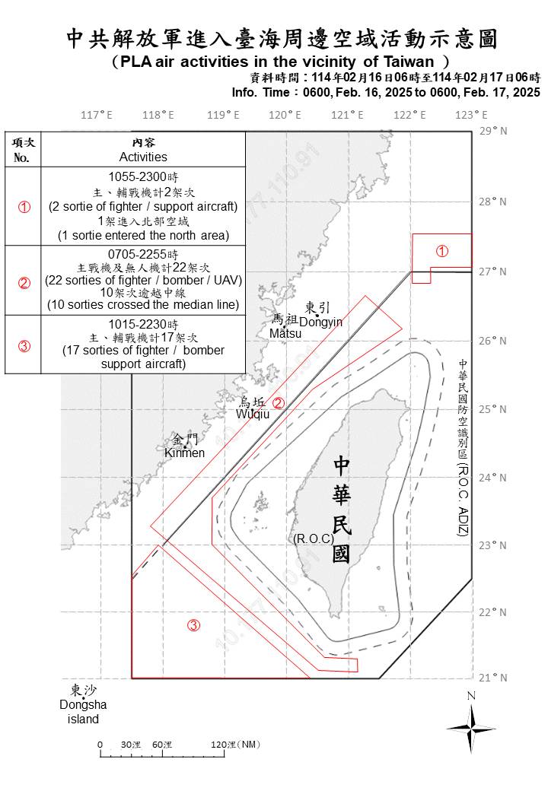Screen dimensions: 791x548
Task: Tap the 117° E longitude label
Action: (97, 115)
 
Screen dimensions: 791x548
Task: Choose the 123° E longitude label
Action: (471, 115)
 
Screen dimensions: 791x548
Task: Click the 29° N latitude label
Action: (493, 131)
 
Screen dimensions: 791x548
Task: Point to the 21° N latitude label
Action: (493, 678)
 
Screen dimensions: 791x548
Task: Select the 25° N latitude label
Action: (493, 408)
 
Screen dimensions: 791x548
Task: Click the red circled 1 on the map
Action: (441, 251)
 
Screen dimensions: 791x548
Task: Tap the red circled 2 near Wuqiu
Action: (279, 403)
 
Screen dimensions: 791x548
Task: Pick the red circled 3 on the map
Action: (194, 625)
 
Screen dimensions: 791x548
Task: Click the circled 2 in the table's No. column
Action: (24, 283)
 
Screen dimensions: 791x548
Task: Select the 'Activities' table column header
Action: (143, 157)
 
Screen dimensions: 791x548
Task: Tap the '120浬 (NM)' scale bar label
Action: (235, 744)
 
